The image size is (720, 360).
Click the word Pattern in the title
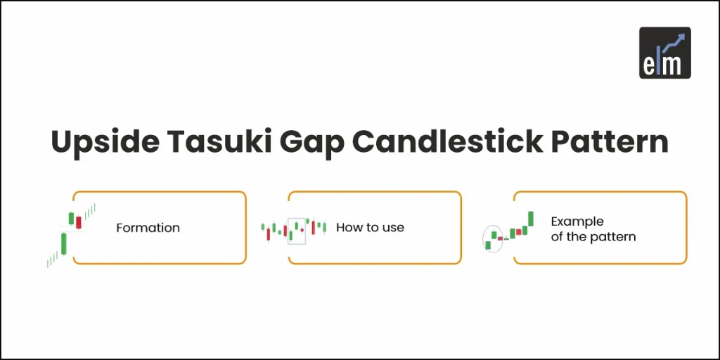(611, 143)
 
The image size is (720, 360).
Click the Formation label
(148, 228)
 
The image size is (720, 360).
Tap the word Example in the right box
(577, 221)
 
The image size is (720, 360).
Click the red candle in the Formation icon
(79, 222)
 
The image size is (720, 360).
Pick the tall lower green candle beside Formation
(64, 243)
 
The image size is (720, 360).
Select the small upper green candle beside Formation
(71, 218)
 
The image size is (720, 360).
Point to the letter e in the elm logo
(649, 65)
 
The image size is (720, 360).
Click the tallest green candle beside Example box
(532, 219)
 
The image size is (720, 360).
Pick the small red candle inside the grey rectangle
(302, 230)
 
